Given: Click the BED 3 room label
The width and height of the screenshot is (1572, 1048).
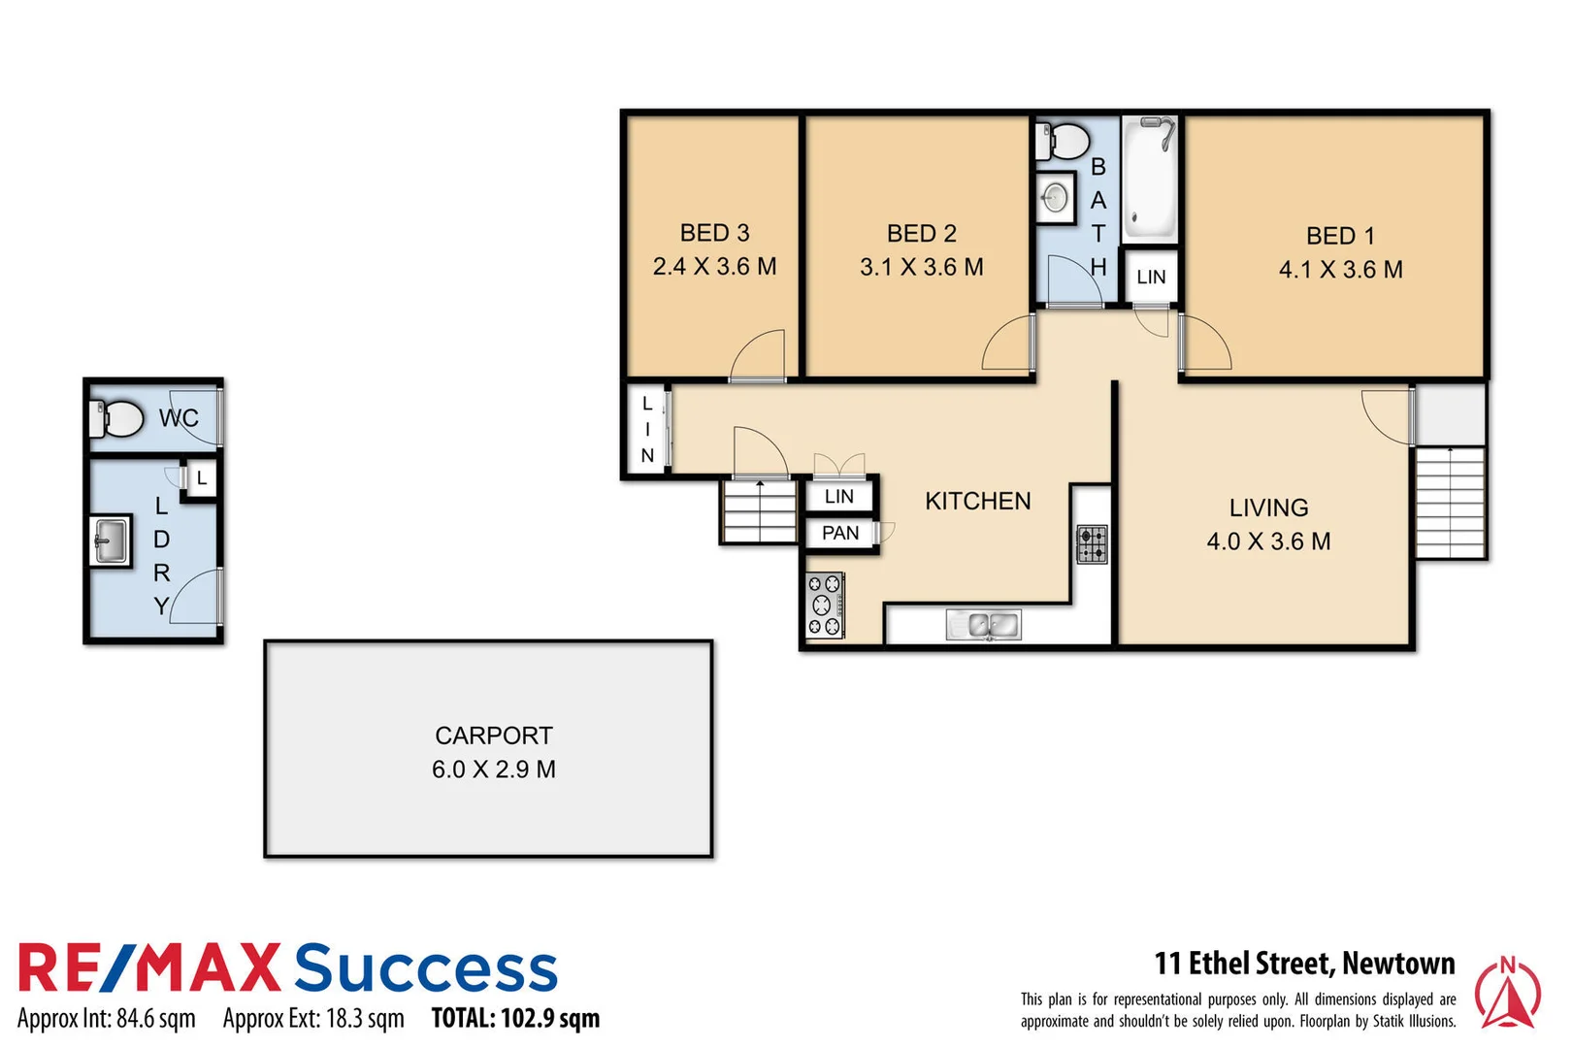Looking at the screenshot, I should coord(714,233).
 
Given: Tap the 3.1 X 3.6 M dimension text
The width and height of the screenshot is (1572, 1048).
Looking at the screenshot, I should coord(921,267).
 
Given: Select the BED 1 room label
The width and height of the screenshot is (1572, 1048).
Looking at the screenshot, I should coord(1340,236).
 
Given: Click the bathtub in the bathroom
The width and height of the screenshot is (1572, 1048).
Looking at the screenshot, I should coord(1151,180).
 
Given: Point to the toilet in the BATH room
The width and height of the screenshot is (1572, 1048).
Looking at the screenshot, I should coord(1064,142).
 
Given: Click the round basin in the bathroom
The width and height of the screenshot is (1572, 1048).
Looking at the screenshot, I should coord(1056,199).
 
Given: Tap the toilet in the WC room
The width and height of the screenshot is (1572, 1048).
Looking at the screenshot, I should coord(117,419).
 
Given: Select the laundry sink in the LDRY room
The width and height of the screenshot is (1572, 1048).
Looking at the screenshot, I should coord(111,540).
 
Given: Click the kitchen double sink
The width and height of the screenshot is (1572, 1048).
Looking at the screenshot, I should coord(983,625).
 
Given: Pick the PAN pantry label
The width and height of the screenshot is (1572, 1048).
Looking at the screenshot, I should coord(840,533).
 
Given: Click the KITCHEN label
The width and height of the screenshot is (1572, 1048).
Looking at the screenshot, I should coord(977,501).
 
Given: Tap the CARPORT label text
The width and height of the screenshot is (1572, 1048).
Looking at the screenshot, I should coord(493,736).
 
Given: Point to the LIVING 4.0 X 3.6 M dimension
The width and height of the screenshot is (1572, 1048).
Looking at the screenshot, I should coord(1268,541).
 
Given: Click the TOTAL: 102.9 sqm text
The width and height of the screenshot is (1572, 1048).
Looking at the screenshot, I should coord(515,1018).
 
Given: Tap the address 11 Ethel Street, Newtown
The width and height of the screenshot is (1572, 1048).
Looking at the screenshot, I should coord(1304,964).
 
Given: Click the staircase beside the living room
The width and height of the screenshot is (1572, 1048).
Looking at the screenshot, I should coord(1450,502).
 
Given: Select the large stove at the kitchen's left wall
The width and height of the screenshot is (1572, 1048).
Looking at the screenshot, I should coord(825,606).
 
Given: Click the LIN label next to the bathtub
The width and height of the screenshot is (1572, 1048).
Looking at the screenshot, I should coord(1151,278).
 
